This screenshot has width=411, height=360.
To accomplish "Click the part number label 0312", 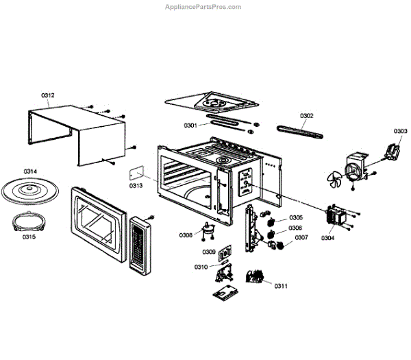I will click(x=48, y=95).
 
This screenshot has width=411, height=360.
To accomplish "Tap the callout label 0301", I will click(x=190, y=125).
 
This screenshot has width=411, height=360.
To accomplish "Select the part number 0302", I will click(x=306, y=116).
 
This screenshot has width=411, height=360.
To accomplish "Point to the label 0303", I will click(x=401, y=131).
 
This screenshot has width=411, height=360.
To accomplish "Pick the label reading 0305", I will click(x=295, y=218).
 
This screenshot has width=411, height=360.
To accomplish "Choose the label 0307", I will click(x=301, y=238).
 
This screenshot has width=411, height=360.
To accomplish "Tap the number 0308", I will click(x=186, y=235).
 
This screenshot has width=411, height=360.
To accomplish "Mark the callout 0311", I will click(x=281, y=285).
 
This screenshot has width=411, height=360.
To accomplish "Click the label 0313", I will click(x=137, y=185).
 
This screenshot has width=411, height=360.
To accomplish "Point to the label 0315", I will click(x=29, y=237).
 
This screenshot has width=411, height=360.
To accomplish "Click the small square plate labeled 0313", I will click(x=137, y=171).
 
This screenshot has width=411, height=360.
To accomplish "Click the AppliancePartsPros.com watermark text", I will click(x=203, y=7).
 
